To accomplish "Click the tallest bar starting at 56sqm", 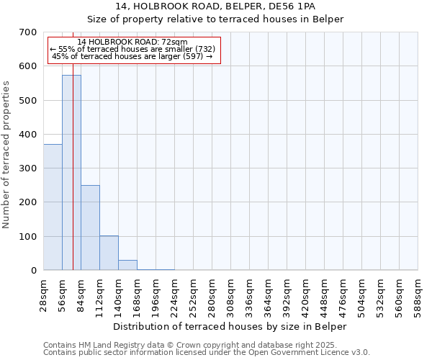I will coord(71,173).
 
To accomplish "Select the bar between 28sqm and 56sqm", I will coord(53,207).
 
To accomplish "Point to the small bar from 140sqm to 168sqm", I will coord(127,265).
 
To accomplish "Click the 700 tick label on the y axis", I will coord(28,32).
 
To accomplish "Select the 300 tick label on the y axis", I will coord(28,168).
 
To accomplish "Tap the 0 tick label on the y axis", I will coord(33,271).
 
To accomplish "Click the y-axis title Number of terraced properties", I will coord(6,155).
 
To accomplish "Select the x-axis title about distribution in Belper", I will coord(230,326).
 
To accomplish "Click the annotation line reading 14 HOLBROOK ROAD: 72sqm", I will coord(132,42).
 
